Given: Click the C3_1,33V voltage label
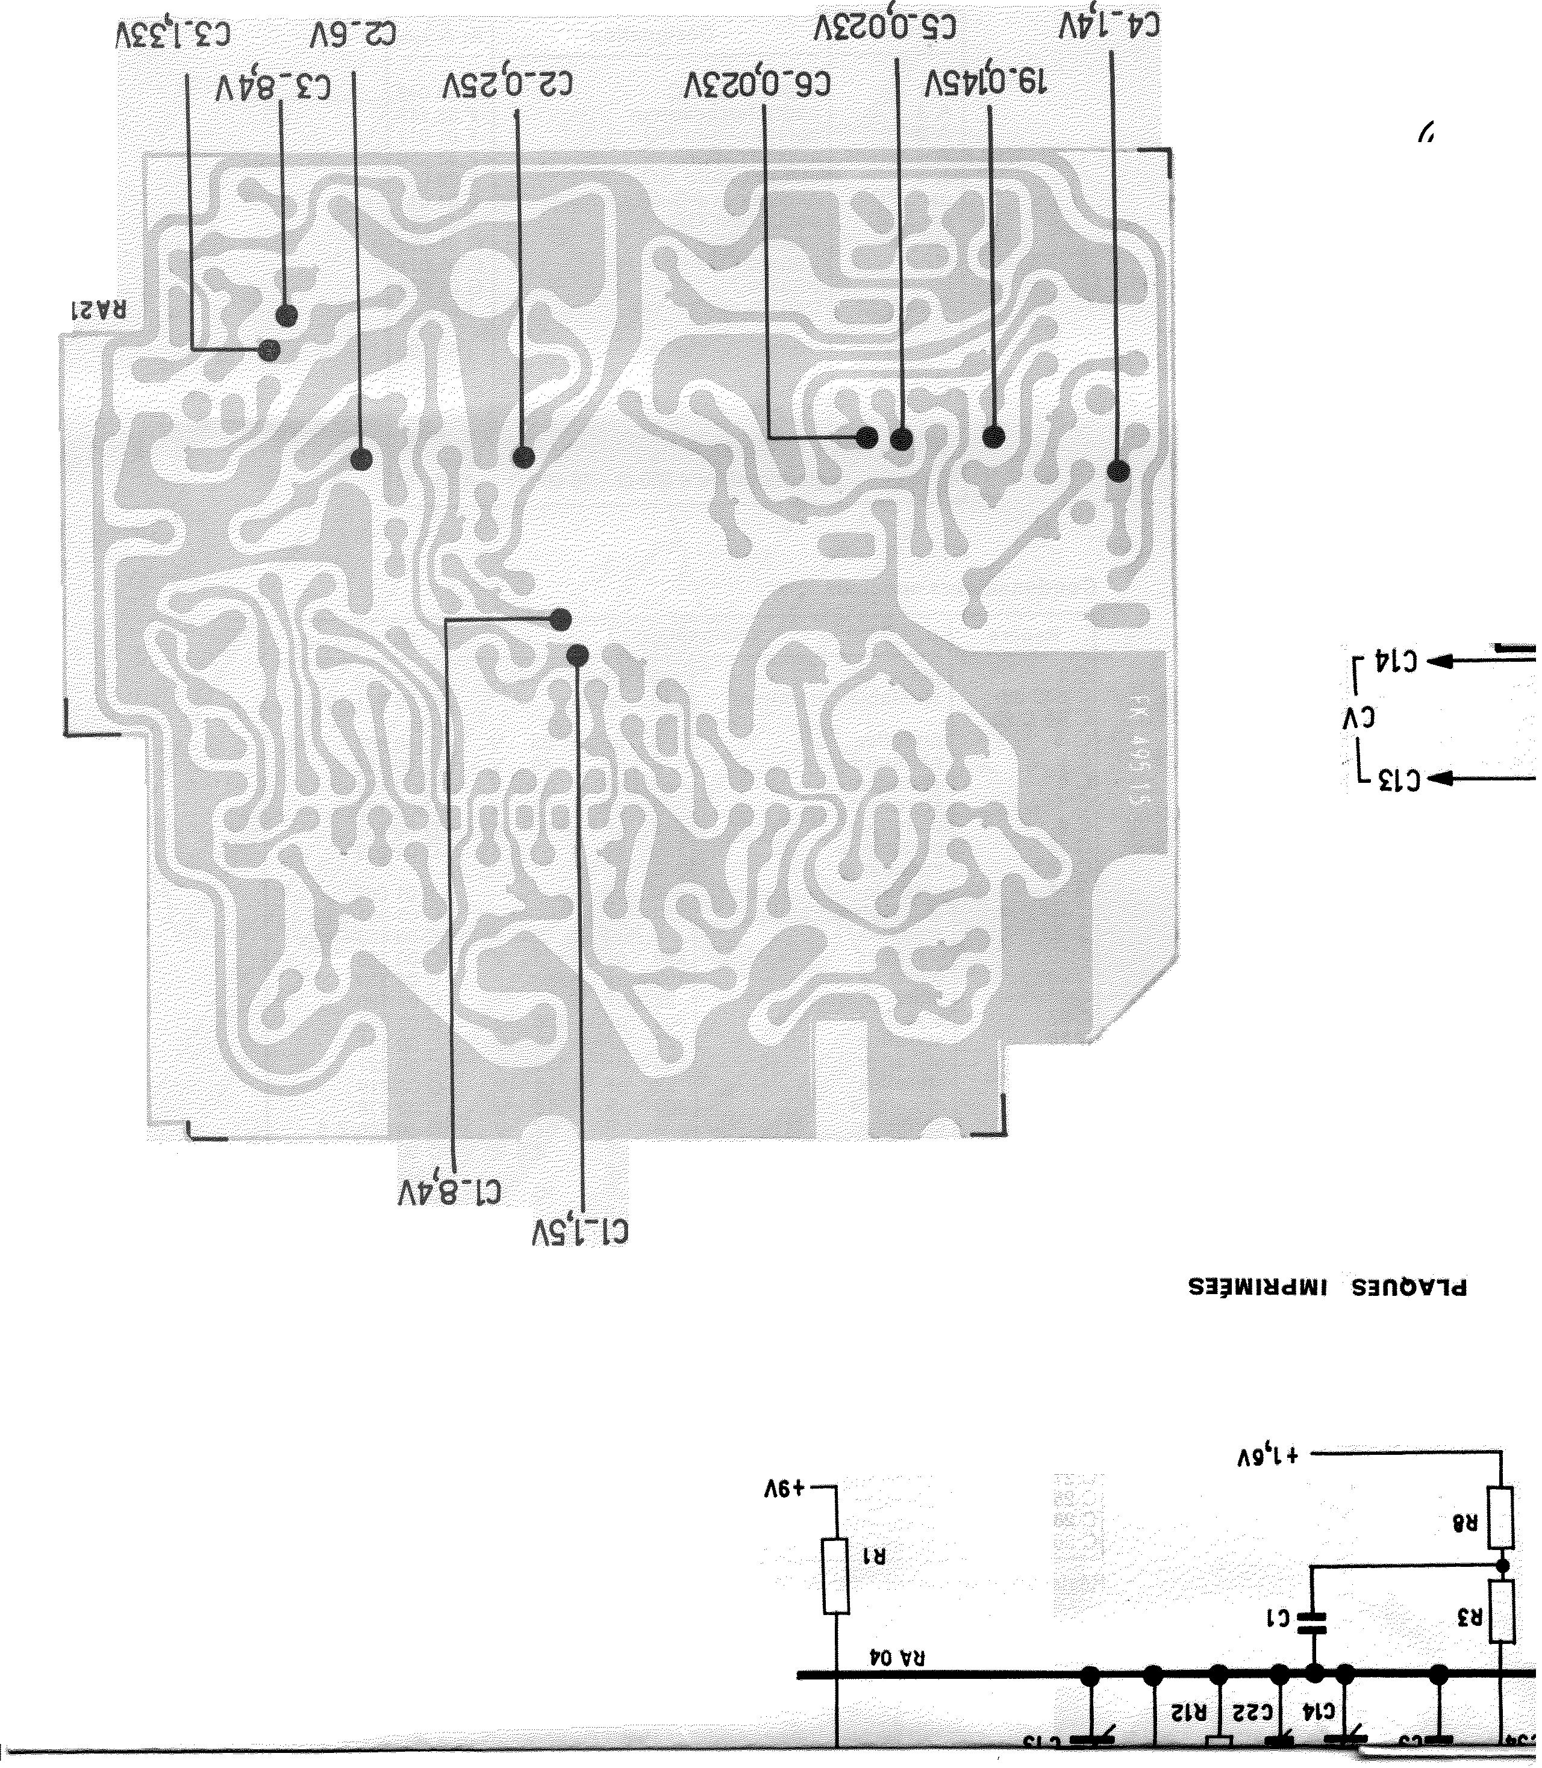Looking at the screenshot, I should coord(173,36).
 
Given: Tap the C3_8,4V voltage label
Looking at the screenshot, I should coord(273,88).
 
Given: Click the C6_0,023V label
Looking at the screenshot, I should coord(758,84).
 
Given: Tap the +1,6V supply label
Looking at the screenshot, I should coord(1266,1455).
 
